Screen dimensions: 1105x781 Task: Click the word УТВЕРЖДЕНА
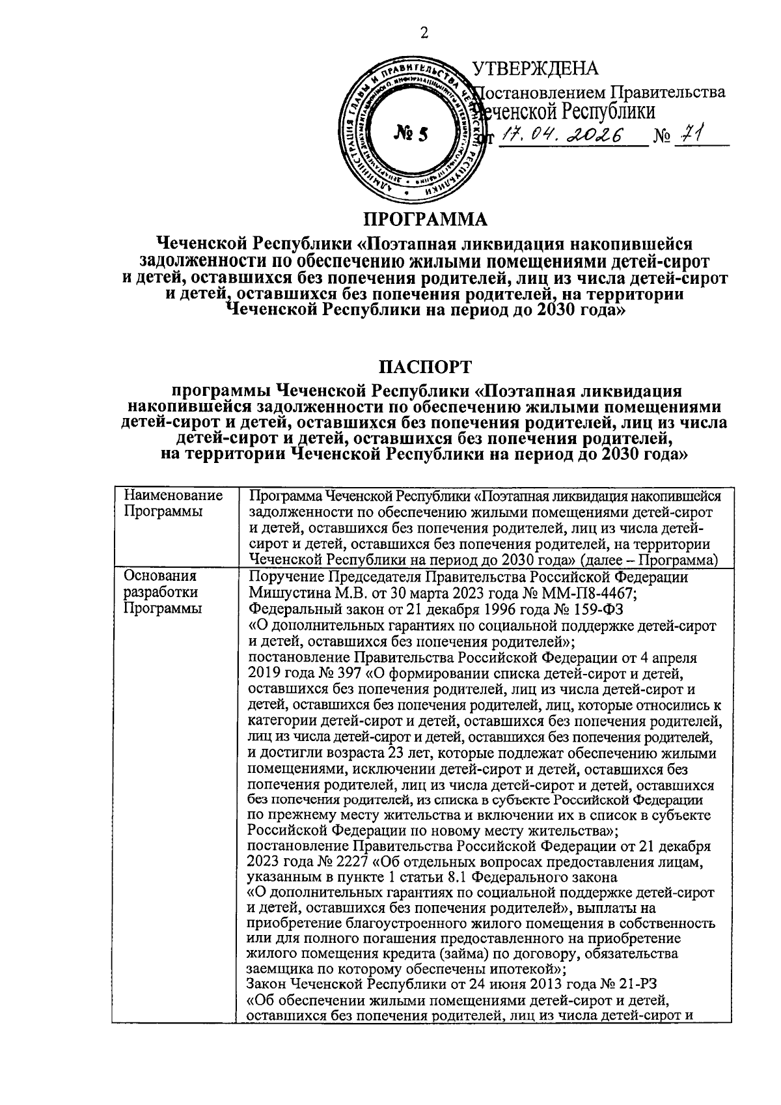[534, 68]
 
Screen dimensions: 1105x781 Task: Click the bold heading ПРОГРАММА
[424, 218]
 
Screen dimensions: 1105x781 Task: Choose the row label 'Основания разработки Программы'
[163, 593]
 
